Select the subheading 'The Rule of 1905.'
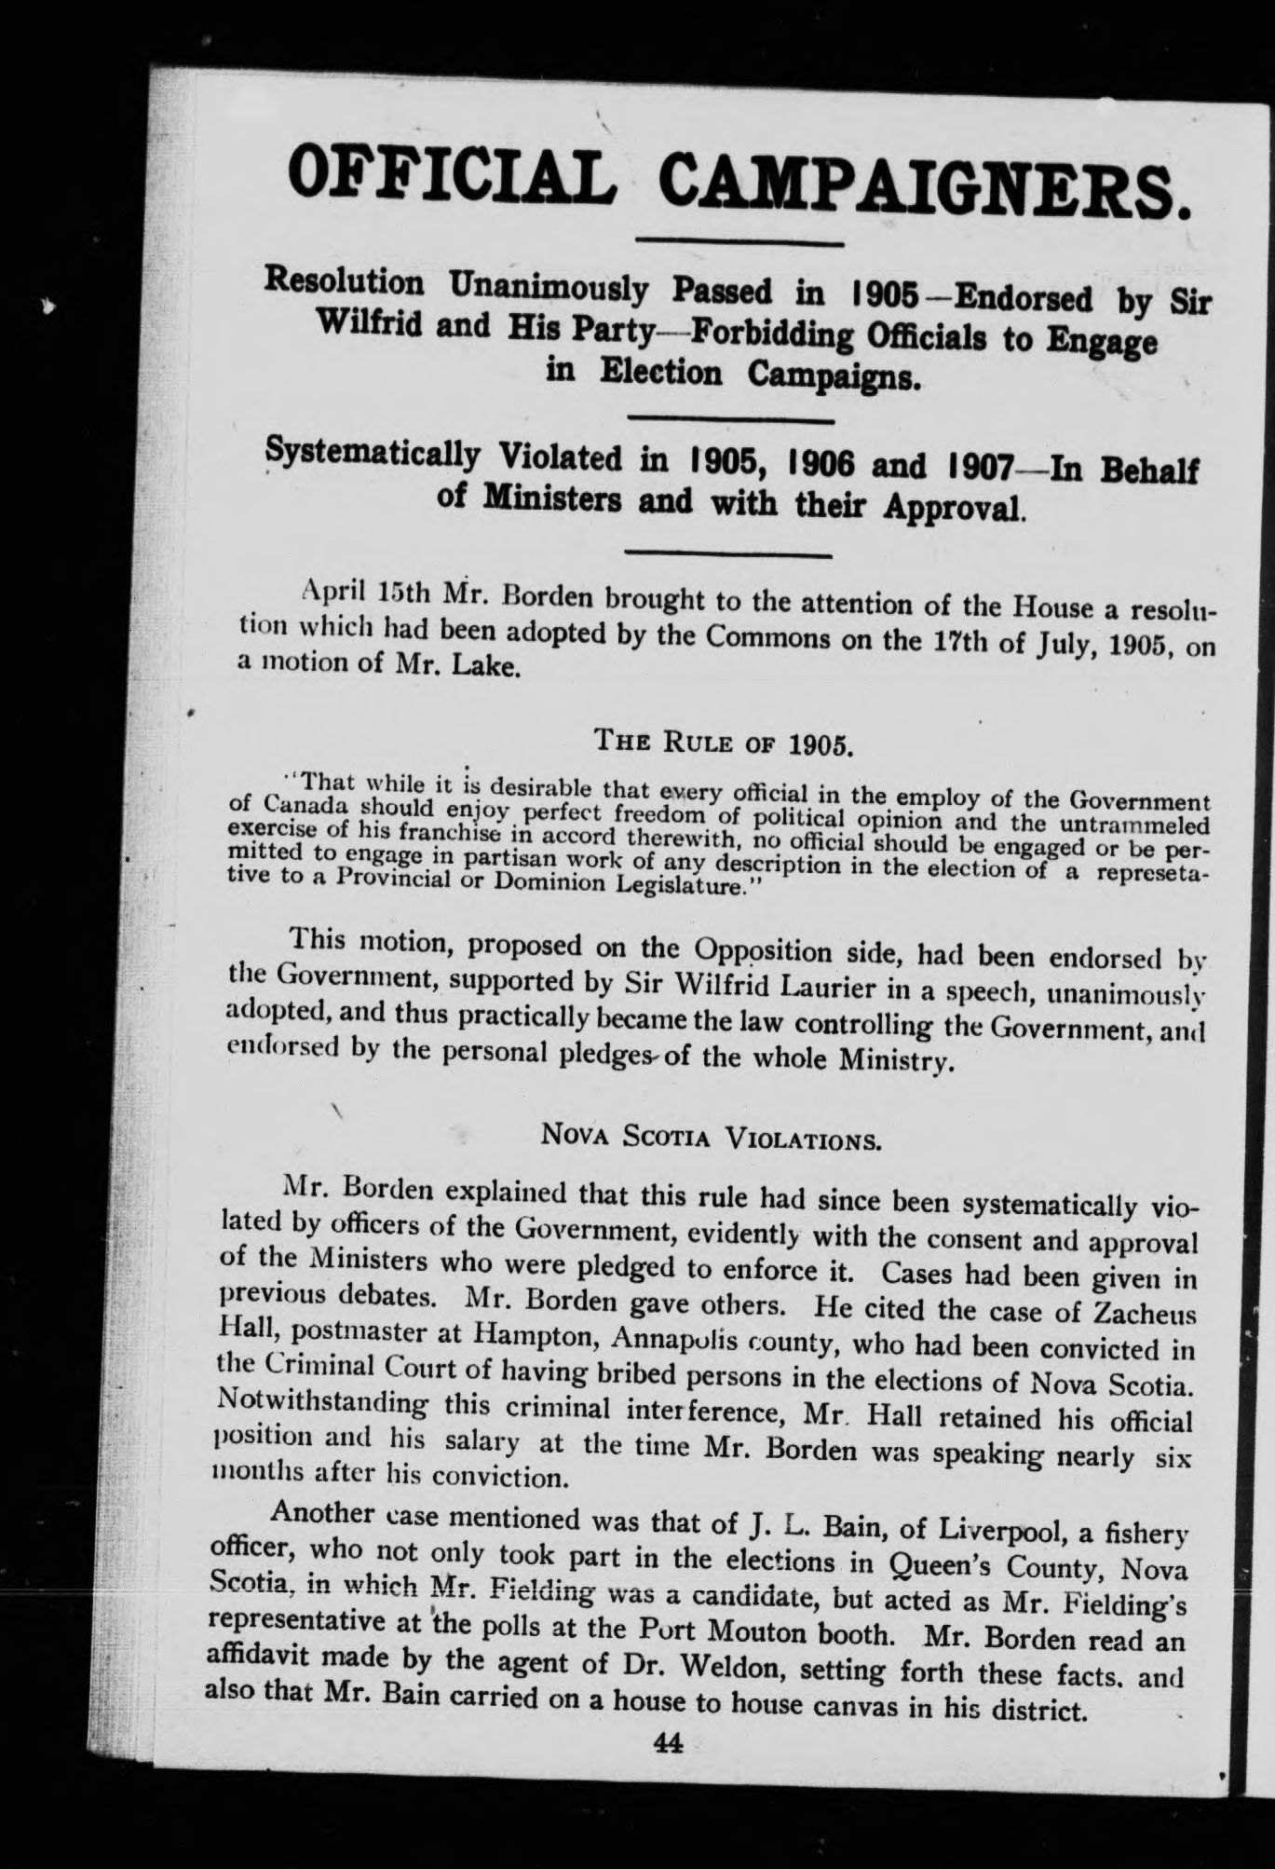pos(724,742)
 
